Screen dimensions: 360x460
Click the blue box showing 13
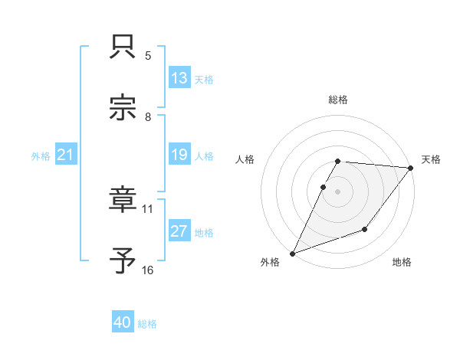coord(179,77)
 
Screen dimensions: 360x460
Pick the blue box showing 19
coord(179,155)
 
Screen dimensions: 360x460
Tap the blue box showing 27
coord(179,231)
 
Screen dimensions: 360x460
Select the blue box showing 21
coord(66,155)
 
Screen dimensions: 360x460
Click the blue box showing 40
coord(123,323)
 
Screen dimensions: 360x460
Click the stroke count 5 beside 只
coord(148,55)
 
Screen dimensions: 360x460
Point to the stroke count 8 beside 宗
coord(148,116)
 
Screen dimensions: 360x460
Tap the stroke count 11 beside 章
coord(148,208)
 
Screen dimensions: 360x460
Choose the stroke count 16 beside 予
coord(148,270)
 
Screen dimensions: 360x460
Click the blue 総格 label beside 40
coord(147,324)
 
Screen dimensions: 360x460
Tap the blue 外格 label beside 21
coord(41,155)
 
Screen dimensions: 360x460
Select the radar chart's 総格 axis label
coord(338,100)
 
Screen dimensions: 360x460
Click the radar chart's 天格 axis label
coord(431,159)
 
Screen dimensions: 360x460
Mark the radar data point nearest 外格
coord(292,253)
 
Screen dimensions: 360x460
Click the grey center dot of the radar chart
coord(338,191)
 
